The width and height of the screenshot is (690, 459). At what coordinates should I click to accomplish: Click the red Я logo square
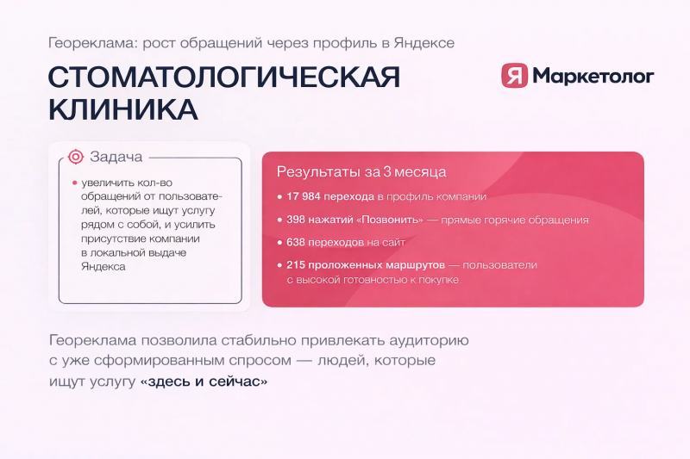pos(514,75)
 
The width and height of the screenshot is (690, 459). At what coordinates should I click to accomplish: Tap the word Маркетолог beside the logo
pos(593,76)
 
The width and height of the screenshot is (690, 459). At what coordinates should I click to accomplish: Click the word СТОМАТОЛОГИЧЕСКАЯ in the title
pos(224,78)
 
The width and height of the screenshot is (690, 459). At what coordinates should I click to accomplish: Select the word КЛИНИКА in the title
pos(122,109)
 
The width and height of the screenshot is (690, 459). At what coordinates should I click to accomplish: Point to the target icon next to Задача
pos(76,157)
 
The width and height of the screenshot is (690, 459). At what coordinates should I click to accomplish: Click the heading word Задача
pos(116,157)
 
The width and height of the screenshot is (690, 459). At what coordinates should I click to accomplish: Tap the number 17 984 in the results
pos(304,196)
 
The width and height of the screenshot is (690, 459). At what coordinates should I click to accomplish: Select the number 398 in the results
pos(295,220)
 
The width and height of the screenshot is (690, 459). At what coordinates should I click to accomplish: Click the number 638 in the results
pos(295,242)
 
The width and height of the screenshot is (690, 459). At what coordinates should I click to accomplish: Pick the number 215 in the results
pos(295,265)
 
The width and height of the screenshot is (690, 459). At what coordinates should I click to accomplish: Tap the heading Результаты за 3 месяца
pos(361,171)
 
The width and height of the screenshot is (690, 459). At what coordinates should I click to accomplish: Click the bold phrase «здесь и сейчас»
pos(204,381)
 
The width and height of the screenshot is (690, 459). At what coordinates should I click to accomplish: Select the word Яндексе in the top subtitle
pos(424,43)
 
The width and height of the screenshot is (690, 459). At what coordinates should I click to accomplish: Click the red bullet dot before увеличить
pos(74,183)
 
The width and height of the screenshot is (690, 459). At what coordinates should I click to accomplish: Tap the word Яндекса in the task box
pos(103,267)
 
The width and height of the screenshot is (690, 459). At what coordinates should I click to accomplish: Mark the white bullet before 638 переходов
pos(279,243)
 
